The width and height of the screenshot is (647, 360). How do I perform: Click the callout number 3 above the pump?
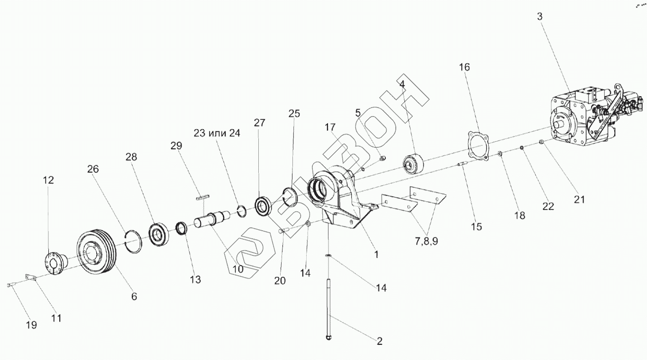coord(539,16)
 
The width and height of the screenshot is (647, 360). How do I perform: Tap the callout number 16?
coord(464,67)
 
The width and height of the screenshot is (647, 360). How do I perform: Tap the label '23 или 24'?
coord(217,133)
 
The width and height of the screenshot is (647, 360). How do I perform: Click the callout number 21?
coord(579,199)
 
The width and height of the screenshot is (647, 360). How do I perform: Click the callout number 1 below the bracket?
coord(376,254)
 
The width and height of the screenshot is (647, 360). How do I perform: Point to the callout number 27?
coord(259,123)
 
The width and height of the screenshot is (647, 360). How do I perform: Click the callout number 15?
coord(476,227)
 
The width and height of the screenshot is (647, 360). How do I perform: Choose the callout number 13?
coord(195,279)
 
